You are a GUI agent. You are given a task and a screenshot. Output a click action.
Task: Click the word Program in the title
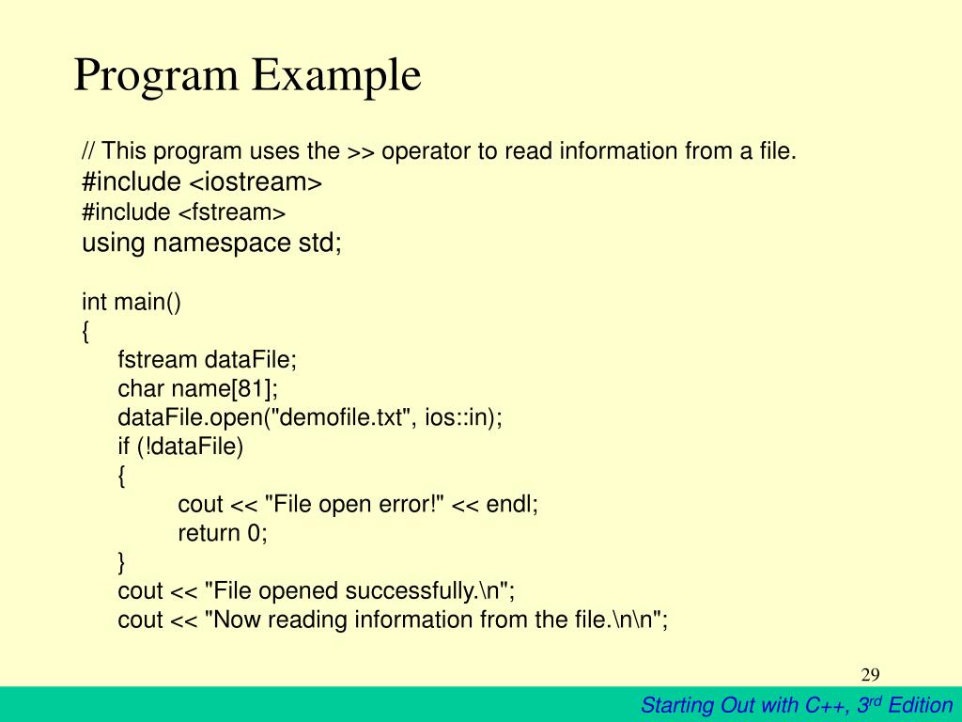[x=156, y=76]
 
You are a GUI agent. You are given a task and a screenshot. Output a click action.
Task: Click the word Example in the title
[x=336, y=76]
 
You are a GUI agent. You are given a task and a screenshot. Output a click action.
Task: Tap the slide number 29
[x=870, y=675]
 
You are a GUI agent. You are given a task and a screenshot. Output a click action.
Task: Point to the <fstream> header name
[x=232, y=212]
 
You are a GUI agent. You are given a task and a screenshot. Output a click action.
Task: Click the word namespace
[x=222, y=243]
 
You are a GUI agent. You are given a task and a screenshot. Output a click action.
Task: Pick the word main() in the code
[x=147, y=302]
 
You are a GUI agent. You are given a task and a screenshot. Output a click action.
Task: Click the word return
[x=209, y=533]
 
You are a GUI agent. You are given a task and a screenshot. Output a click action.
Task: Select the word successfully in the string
[x=411, y=591]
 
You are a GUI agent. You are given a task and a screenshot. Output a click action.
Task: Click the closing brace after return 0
[x=121, y=562]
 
